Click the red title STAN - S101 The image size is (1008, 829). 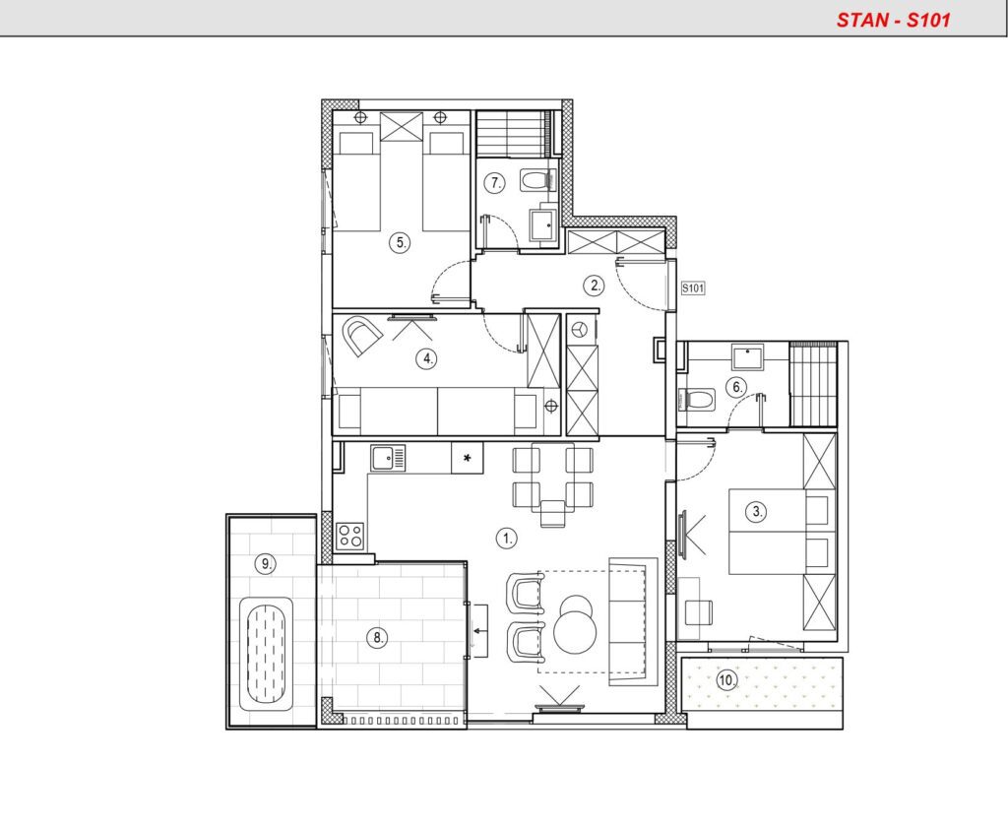point(893,20)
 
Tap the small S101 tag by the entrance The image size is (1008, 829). point(693,288)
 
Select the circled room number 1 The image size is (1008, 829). point(507,539)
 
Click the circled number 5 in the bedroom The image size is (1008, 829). point(401,243)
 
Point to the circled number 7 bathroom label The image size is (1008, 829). point(494,183)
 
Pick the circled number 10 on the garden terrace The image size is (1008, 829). point(727,680)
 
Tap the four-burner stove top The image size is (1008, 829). point(350,536)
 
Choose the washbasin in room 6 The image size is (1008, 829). point(748,357)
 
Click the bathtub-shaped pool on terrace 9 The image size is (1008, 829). point(266,654)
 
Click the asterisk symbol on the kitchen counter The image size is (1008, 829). point(468,458)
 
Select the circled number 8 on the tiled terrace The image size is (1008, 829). point(377,638)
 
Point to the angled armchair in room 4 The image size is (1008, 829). point(361,335)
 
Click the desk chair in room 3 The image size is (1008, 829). point(699,612)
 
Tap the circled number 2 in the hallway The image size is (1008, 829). point(594,286)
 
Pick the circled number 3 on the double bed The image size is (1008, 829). point(757,512)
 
